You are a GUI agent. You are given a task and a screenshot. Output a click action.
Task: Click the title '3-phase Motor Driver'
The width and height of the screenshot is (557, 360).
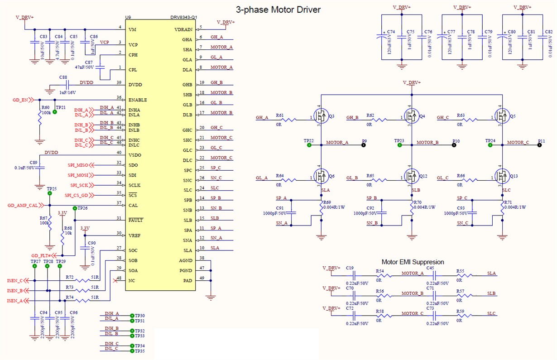[278, 10]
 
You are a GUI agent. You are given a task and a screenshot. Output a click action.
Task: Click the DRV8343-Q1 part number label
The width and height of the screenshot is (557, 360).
[181, 18]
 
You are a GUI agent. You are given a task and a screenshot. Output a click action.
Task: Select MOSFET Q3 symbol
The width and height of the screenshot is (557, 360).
[322, 116]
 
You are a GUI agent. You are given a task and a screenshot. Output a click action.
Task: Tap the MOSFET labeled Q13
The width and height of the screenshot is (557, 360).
[502, 175]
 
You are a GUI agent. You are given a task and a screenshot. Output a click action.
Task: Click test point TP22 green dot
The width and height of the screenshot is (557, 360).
[309, 145]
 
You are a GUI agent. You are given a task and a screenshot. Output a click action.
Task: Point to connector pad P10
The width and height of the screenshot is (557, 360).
[453, 145]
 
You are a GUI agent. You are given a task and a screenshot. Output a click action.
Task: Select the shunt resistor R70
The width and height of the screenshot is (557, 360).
[413, 209]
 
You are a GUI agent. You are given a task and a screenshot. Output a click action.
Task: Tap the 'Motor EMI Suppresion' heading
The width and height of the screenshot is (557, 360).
[413, 262]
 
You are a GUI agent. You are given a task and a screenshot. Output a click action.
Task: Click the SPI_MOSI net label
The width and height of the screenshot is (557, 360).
[78, 175]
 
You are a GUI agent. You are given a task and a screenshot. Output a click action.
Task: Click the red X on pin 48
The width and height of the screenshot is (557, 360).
[115, 281]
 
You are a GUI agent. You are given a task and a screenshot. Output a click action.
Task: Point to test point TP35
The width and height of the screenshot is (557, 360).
[131, 351]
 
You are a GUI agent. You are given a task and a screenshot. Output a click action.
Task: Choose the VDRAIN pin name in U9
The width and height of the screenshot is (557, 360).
[184, 29]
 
